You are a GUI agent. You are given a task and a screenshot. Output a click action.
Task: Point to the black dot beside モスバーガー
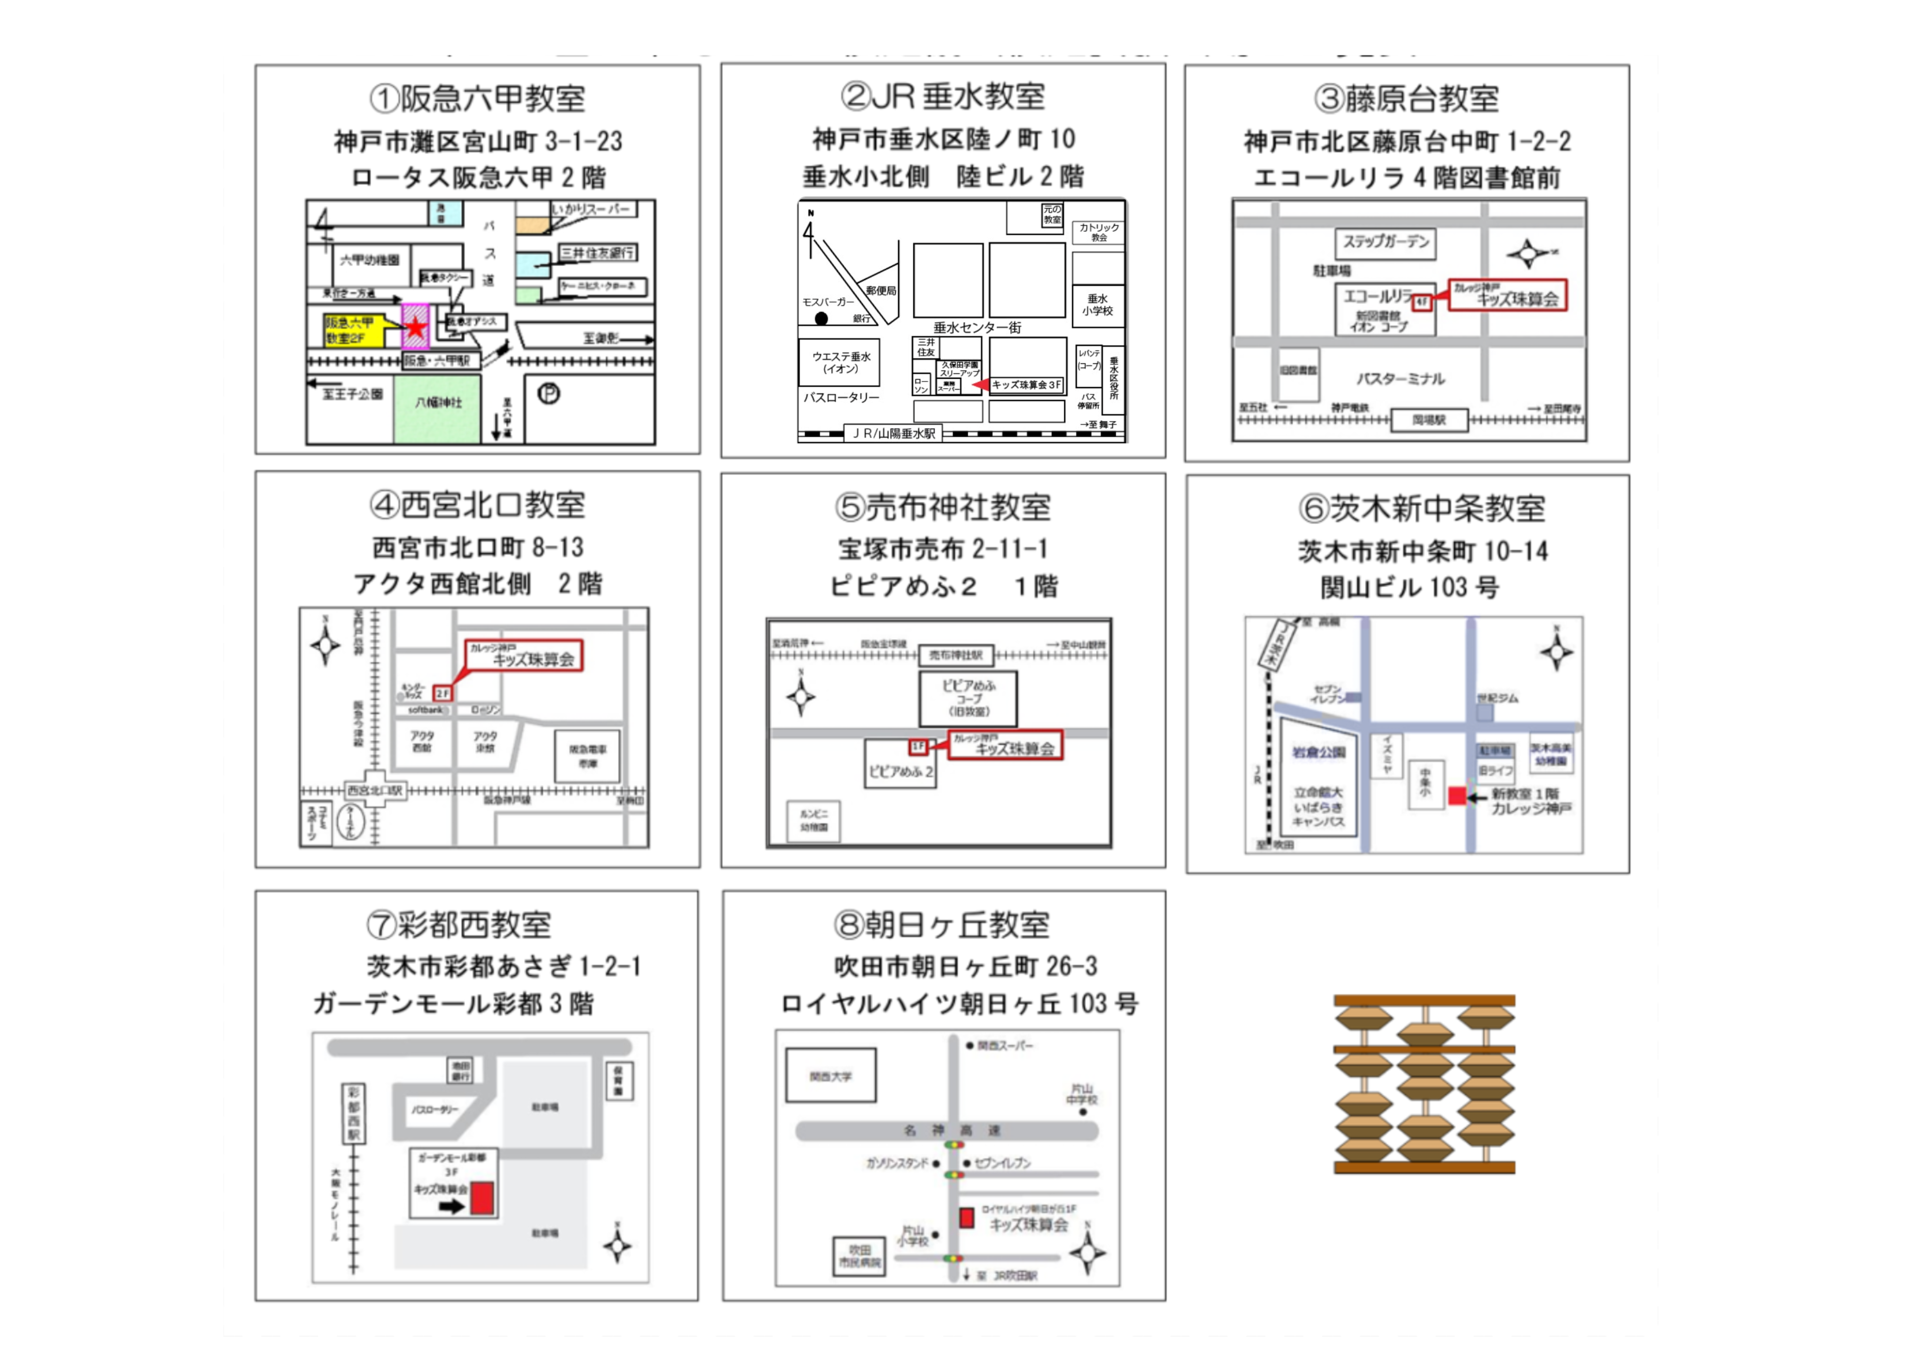point(821,318)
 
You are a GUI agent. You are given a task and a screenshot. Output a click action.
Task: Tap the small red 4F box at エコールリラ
point(1421,301)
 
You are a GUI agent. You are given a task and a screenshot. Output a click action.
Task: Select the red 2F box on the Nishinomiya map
point(442,693)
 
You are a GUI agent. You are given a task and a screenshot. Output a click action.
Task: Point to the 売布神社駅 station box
point(956,655)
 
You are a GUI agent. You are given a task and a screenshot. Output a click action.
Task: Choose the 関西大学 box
point(831,1077)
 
